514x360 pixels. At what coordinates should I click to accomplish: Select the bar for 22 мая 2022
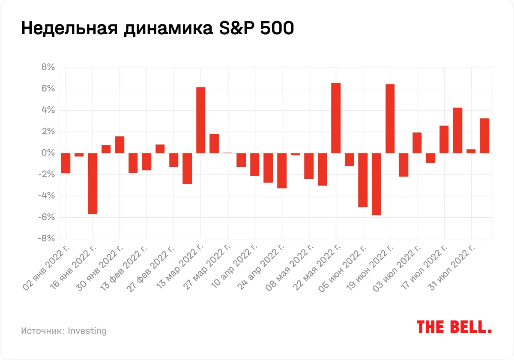click(x=336, y=118)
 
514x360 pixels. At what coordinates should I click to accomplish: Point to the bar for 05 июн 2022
click(x=363, y=180)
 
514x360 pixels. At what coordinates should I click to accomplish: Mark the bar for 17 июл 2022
click(x=444, y=139)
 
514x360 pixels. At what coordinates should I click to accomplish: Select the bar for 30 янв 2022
click(x=120, y=144)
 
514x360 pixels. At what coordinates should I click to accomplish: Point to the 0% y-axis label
click(x=48, y=153)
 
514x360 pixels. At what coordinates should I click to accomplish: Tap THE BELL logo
click(x=454, y=327)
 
